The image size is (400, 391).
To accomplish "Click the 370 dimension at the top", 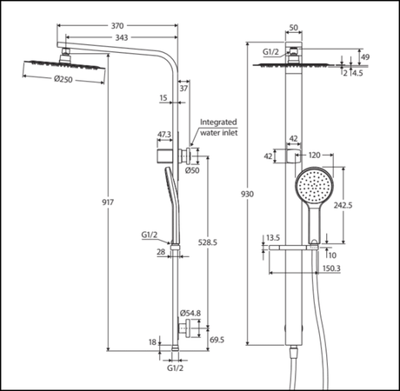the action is tap(117, 26).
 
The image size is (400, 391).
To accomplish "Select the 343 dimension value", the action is tap(122, 37).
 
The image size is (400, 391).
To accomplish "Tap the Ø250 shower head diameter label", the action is tap(63, 79).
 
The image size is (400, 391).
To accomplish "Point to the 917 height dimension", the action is tap(108, 202).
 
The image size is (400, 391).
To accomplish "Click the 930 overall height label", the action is tap(247, 194).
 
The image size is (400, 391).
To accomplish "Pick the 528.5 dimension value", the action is tap(208, 242).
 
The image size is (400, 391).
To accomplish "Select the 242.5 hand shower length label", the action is tap(343, 205).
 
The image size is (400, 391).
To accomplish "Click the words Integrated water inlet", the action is tap(219, 128).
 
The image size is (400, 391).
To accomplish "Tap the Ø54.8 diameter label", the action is tap(190, 313).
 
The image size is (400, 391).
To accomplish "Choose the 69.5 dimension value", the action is tap(217, 340).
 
